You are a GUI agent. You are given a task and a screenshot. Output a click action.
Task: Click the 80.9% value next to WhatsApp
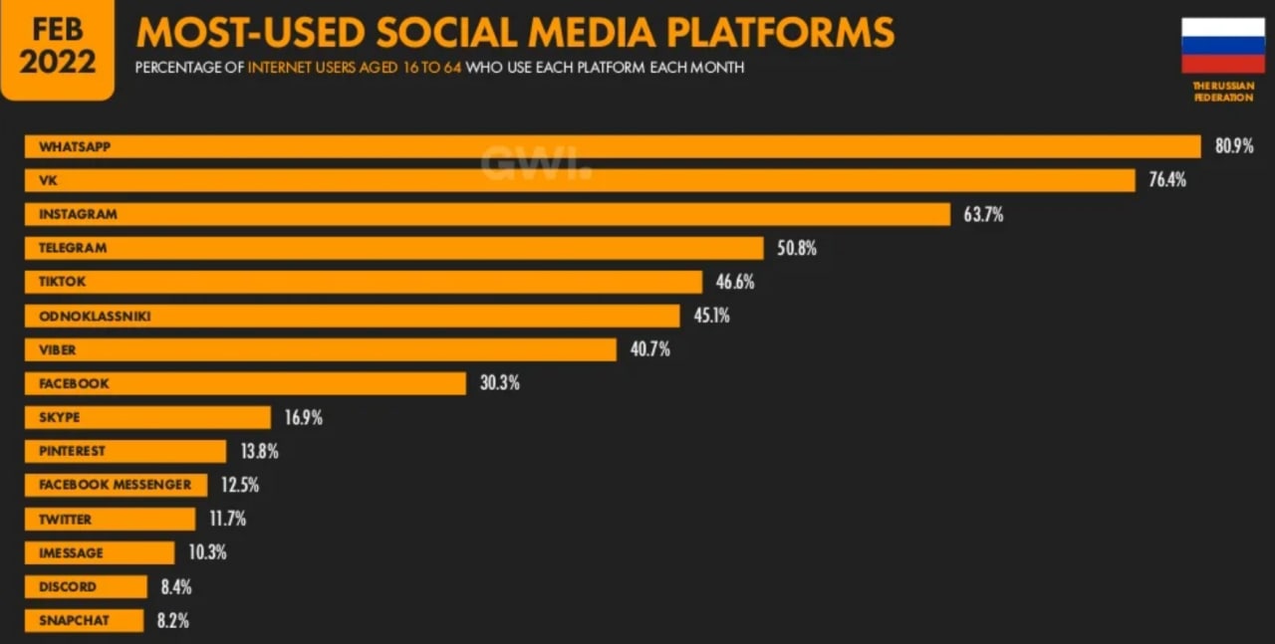1233,146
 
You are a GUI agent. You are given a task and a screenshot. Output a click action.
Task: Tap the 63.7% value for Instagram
983,214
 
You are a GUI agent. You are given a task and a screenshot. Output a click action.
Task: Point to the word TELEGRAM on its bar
73,248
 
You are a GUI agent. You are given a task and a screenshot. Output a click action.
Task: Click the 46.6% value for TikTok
735,282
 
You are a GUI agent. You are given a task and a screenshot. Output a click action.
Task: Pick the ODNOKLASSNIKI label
95,316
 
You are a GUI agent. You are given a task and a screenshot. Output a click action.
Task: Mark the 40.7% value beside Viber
649,349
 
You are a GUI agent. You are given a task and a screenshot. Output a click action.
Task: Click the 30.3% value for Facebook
499,383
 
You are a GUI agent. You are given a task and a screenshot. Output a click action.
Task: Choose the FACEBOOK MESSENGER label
115,485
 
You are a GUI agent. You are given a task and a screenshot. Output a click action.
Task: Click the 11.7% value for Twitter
227,519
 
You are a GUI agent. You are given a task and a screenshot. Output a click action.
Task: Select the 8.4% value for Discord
176,586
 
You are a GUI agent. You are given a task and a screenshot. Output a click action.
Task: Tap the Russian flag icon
1222,46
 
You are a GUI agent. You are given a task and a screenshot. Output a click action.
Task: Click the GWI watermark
536,163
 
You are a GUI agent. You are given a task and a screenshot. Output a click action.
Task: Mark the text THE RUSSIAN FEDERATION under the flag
1223,92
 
